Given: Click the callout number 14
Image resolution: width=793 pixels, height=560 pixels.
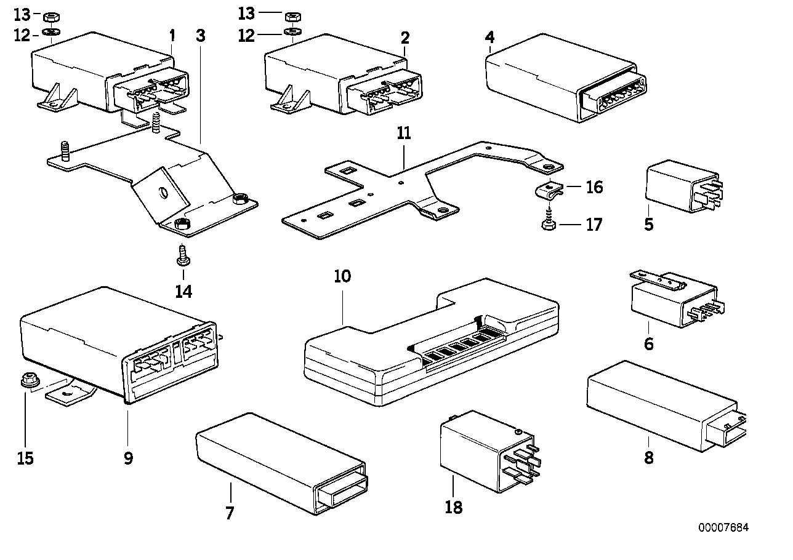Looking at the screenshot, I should click(183, 291).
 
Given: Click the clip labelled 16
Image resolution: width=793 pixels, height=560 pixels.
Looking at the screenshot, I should click(547, 193).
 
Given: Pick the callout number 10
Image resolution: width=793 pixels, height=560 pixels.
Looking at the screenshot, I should click(342, 276).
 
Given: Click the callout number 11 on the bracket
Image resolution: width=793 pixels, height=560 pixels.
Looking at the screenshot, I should click(403, 134).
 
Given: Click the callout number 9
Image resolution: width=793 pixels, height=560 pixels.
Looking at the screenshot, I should click(128, 458).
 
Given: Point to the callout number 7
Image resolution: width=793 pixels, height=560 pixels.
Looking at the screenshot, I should click(230, 512).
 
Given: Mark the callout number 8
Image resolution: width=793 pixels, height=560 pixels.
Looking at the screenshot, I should click(648, 458).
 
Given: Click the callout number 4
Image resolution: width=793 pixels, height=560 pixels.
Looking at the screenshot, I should click(489, 37).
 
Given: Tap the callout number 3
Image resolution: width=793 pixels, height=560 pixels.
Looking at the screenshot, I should click(200, 36).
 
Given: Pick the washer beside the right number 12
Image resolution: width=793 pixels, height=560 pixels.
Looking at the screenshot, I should click(292, 32).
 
